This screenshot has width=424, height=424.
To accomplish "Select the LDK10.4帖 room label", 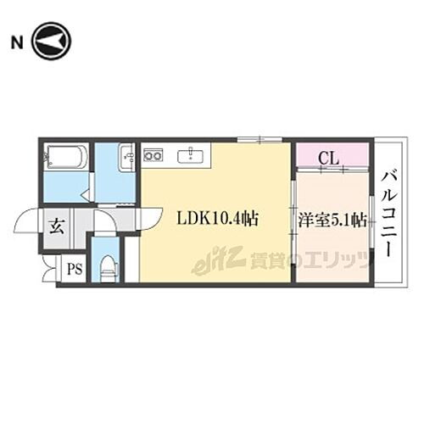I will coord(216,219).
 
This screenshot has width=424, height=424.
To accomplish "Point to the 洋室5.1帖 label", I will coord(332,219).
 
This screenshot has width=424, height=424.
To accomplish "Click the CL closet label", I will coord(330,156).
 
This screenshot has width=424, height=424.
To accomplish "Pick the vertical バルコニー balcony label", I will coord(391,215).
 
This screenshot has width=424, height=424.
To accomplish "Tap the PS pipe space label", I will coord(75,271).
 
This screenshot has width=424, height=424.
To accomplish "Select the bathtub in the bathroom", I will coord(64,159).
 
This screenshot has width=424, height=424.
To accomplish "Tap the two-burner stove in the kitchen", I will coord(153,155).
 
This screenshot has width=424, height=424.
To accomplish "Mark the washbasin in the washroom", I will coord(127,159).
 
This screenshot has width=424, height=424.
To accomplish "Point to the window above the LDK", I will coord(251,140).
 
